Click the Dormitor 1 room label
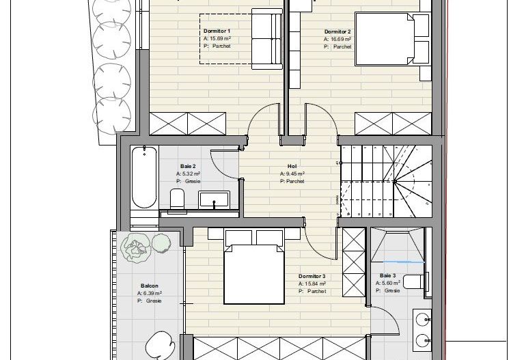click(217, 31)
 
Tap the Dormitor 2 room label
click(337, 31)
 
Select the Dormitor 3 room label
click(312, 277)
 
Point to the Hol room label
click(292, 166)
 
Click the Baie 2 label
click(188, 166)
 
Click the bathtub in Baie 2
click(143, 176)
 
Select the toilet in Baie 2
click(176, 199)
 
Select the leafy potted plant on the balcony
click(136, 247)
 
